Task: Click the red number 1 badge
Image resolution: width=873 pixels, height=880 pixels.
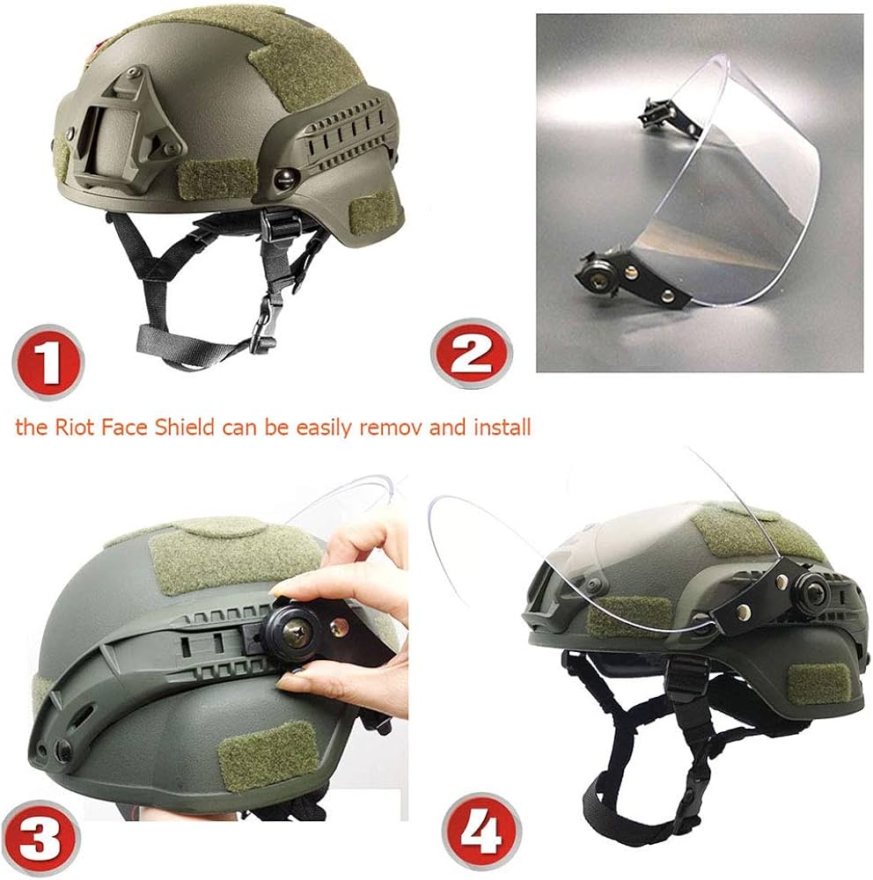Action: (x=48, y=362)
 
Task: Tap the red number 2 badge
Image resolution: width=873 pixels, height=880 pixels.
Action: (x=472, y=354)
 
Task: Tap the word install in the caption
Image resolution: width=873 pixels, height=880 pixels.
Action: (x=502, y=428)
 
